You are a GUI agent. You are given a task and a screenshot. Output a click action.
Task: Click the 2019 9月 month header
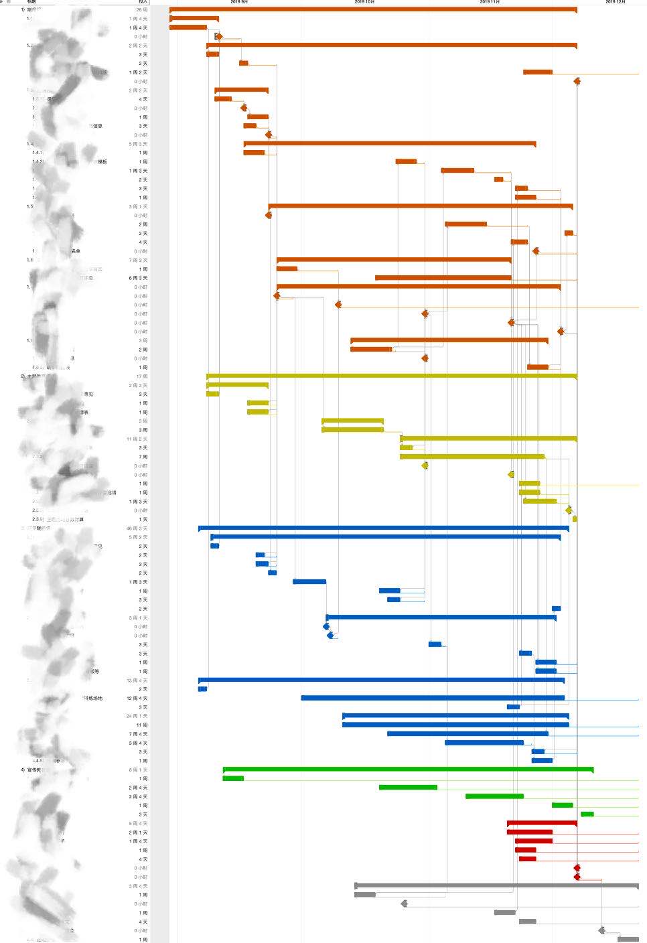[x=239, y=2]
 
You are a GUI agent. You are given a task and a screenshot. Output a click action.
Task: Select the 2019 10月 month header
[x=364, y=2]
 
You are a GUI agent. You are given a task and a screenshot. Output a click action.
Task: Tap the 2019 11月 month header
[x=490, y=2]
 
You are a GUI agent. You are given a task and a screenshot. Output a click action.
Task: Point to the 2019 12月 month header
[x=615, y=2]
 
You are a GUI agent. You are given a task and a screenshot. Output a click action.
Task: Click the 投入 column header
[x=143, y=2]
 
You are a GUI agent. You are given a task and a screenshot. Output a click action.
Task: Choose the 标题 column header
[x=31, y=2]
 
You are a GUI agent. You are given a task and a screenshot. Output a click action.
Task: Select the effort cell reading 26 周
[x=141, y=10]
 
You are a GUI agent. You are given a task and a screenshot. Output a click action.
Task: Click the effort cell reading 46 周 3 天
[x=137, y=528]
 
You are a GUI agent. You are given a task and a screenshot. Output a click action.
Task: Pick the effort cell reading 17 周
[x=141, y=376]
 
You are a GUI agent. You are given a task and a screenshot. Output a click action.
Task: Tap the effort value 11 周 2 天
[x=137, y=439]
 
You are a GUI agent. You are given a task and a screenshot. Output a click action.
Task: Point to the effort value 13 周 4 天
[x=137, y=680]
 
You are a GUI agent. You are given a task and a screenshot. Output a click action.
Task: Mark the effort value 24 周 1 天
[x=137, y=716]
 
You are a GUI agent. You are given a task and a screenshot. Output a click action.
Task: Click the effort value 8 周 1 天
[x=138, y=770]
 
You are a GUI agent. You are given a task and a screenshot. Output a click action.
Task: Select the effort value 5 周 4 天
[x=138, y=824]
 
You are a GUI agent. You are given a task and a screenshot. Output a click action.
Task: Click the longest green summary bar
[x=408, y=769]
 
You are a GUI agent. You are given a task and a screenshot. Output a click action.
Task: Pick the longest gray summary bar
[x=496, y=885]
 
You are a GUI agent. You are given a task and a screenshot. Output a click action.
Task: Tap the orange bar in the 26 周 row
[x=373, y=9]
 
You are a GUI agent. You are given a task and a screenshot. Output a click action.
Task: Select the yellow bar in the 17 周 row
[x=391, y=376]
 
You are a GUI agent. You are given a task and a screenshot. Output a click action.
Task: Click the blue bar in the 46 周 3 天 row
[x=383, y=528]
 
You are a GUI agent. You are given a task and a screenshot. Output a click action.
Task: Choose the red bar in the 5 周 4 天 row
[x=542, y=822]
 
